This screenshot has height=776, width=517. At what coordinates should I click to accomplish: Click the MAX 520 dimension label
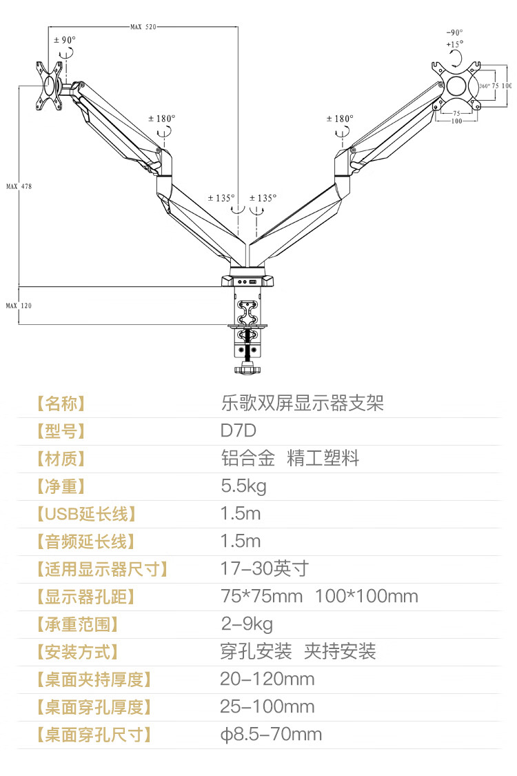pos(143,27)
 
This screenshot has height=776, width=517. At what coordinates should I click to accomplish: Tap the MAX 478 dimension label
pos(19,186)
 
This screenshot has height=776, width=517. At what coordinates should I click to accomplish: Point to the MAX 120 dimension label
pos(19,305)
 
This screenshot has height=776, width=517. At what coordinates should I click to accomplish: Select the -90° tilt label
pos(454,32)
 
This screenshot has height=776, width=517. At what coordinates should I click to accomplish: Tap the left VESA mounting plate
pos(49,88)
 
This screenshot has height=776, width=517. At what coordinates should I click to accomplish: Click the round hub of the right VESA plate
pos(456,86)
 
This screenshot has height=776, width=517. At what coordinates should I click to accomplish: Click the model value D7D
pos(239,431)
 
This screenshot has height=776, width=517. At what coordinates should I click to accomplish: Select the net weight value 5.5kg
pos(243,486)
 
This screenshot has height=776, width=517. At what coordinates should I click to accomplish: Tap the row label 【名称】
pos(61,404)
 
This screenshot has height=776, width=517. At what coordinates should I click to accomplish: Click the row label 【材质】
pos(61,459)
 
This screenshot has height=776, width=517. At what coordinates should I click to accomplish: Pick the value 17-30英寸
pos(265,569)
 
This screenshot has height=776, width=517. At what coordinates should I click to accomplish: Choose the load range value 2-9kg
pos(247,624)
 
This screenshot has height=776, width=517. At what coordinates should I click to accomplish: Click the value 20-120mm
pos(267,679)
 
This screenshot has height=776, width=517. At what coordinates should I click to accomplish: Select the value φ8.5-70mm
pos(271,735)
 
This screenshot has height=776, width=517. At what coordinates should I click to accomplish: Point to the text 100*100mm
pos(367,597)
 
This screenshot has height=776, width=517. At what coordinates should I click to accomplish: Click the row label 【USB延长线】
pos(86,514)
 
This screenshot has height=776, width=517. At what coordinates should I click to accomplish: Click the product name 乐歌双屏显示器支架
pos(302,404)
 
